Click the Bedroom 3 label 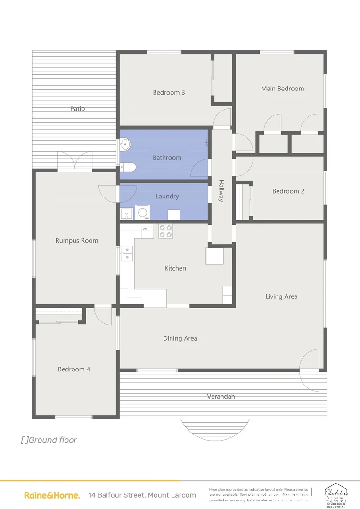pos(169,92)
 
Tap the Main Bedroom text pos(282,88)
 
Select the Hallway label pos(221,190)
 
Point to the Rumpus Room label pos(77,240)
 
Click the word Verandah pos(221,396)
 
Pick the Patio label pos(78,108)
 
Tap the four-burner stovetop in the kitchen pos(165,231)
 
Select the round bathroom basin pos(124,145)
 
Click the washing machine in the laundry pos(142,213)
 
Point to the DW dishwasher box pos(147,231)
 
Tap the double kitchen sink pos(127,254)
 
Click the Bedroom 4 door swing pos(104,315)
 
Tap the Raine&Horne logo pos(52,495)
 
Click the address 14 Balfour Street pos(139,495)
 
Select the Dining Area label pos(180,338)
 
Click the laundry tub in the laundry pos(126,214)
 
